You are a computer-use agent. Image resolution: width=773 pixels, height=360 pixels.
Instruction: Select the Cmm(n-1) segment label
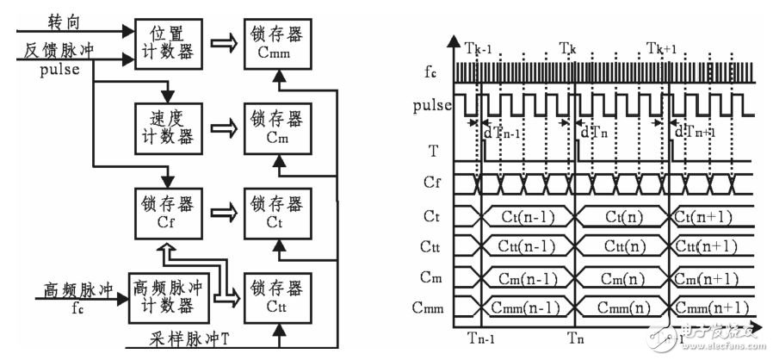point(525,307)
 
